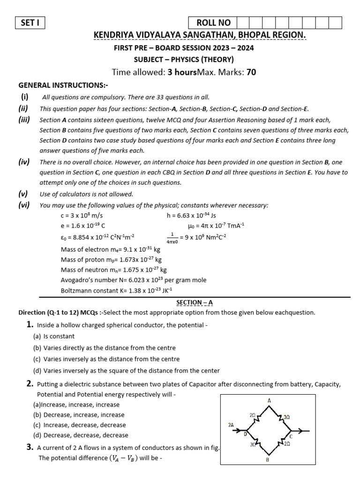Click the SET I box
(30, 22)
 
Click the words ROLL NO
(213, 22)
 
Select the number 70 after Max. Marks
(251, 72)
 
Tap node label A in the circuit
(269, 401)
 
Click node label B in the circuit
(267, 459)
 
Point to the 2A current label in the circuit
(231, 424)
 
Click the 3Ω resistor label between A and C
(287, 416)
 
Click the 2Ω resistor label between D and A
(252, 415)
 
